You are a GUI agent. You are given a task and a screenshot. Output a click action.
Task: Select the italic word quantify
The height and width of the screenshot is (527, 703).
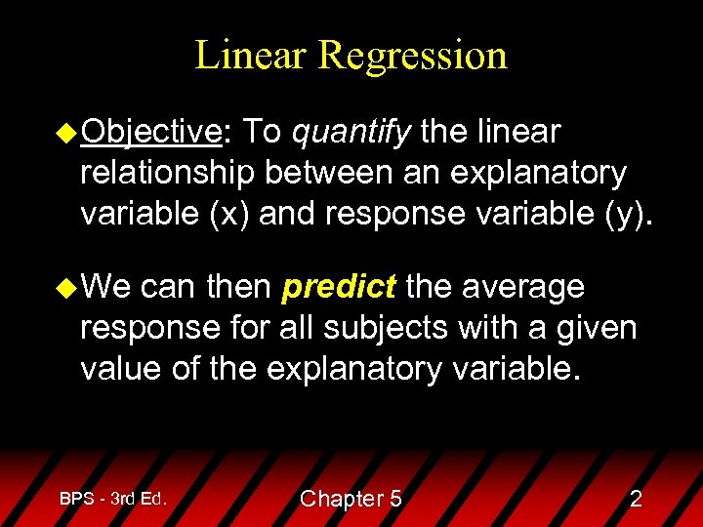click(351, 132)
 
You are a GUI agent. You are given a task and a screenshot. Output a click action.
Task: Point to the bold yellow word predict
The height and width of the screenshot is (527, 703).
click(338, 287)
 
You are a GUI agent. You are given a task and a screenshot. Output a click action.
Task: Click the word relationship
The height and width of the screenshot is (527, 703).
click(172, 172)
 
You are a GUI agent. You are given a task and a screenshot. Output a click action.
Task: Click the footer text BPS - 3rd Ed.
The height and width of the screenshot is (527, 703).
click(113, 499)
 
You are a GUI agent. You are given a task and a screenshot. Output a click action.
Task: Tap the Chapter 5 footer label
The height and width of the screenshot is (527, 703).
click(351, 499)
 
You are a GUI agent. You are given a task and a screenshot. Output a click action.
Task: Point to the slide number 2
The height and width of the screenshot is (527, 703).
click(636, 499)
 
